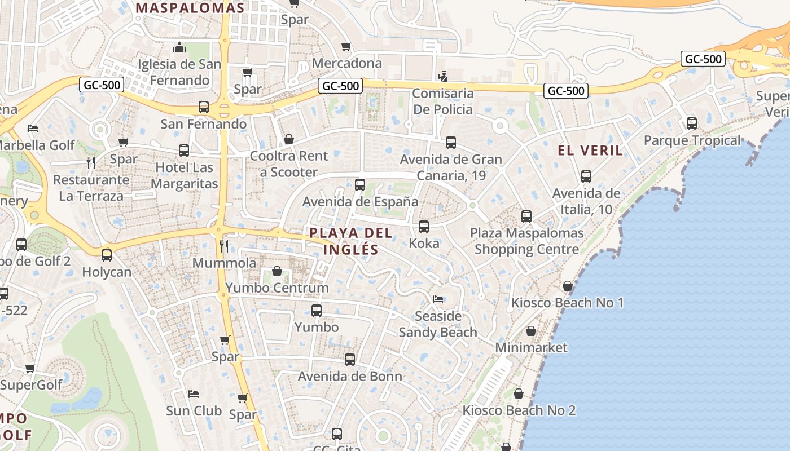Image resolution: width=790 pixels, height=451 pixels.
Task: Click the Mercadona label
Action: pos(346,63)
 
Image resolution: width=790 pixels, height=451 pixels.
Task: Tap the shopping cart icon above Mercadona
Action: pos(346,46)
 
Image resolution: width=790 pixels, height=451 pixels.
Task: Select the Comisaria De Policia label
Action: pos(442,101)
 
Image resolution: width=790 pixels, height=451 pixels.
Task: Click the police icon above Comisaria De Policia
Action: pos(443,76)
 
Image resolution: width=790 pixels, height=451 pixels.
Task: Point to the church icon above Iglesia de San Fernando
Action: pos(179,47)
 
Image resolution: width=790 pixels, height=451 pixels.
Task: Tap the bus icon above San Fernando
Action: pos(204,107)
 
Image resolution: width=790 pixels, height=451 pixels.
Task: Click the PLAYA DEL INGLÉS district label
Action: pos(343,241)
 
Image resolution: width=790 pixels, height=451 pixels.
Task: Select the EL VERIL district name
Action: pos(590,151)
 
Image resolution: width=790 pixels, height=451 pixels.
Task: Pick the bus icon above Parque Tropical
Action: pos(692,123)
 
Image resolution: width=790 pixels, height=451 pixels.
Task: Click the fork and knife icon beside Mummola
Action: pos(224,246)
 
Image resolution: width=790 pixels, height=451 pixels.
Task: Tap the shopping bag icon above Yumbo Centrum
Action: pos(277,271)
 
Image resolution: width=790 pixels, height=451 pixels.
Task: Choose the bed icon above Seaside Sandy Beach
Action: pos(438,299)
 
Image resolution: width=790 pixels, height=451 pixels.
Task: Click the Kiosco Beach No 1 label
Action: pos(567,303)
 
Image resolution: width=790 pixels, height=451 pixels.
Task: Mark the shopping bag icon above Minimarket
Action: pos(531,331)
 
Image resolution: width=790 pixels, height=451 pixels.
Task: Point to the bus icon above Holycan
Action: pos(107,255)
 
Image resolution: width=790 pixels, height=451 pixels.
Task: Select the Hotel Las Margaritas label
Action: pos(184,175)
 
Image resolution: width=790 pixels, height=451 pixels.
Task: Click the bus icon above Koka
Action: pos(424,227)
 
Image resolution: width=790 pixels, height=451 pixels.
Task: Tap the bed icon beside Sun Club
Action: pos(194,393)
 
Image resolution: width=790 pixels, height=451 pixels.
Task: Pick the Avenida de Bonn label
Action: pos(350,376)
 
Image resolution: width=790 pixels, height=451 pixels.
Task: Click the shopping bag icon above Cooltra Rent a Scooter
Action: pos(289,139)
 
